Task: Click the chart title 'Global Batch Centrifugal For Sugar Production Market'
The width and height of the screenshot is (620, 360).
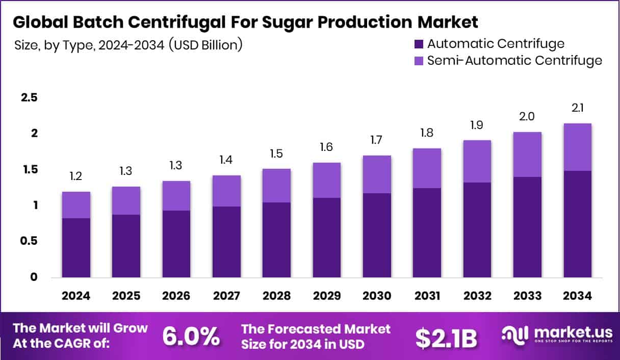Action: coord(245,22)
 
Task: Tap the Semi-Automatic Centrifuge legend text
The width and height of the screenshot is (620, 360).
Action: coord(514,61)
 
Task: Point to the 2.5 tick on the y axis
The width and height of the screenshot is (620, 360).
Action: coord(29,97)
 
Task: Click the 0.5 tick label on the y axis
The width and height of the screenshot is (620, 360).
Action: coord(29,241)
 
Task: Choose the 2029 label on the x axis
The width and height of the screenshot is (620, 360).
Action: coord(326,296)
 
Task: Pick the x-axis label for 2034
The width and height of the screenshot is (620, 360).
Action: coord(577,296)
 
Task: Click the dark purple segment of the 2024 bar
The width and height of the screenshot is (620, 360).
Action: coord(76,248)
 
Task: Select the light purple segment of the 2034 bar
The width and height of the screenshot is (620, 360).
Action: coord(577,147)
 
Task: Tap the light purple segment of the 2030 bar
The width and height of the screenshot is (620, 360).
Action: coord(376,174)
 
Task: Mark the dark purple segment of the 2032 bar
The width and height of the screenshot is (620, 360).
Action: coord(477,229)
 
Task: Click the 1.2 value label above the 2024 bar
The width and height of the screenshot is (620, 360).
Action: coord(76,177)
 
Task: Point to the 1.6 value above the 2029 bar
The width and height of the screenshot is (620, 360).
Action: coord(326,148)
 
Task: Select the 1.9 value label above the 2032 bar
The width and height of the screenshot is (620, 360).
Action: coord(477,125)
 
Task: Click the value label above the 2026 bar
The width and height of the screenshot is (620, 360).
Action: coord(176,166)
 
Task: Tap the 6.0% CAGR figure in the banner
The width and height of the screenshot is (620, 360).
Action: coord(191,336)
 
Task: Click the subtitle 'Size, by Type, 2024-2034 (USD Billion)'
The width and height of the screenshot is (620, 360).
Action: coord(128,45)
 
